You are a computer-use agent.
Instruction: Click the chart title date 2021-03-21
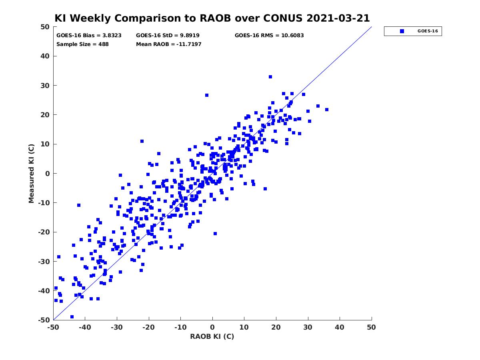point(338,18)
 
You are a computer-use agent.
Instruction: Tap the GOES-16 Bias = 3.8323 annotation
point(89,36)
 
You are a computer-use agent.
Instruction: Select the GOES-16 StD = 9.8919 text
point(168,36)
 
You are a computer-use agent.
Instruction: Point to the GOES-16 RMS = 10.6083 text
point(269,36)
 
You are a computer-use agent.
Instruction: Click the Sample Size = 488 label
point(82,44)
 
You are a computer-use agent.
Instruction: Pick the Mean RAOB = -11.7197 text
point(169,44)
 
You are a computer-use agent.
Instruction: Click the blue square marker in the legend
point(402,31)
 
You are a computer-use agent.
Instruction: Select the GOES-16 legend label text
point(428,31)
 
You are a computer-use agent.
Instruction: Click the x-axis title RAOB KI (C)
point(212,336)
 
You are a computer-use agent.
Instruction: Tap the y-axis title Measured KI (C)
point(31,173)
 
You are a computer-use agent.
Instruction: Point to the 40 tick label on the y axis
point(45,56)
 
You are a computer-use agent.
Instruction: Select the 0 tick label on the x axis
point(212,327)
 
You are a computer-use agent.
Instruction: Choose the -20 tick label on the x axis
point(148,327)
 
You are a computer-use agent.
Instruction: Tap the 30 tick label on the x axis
point(308,327)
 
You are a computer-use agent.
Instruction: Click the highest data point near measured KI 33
point(270,77)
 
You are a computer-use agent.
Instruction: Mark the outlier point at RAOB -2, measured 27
point(207,95)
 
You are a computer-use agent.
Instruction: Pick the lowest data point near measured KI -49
point(72,317)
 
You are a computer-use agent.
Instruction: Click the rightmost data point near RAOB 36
point(327,110)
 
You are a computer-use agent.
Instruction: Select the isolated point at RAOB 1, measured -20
point(215,234)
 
